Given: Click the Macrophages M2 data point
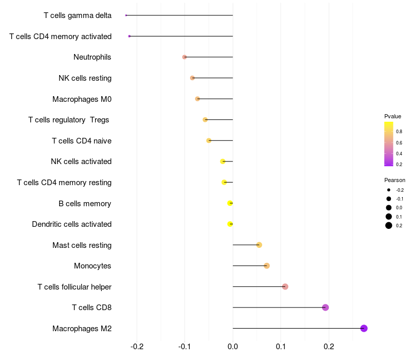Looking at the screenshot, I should pyautogui.click(x=364, y=329).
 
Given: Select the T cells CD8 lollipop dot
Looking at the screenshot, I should pyautogui.click(x=325, y=308).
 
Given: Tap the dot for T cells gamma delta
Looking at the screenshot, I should pyautogui.click(x=126, y=15).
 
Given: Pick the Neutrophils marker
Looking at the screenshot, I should pyautogui.click(x=184, y=57).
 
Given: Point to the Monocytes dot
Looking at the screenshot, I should pyautogui.click(x=267, y=266).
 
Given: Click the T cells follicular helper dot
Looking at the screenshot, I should pyautogui.click(x=285, y=286).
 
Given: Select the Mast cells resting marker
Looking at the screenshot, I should pyautogui.click(x=259, y=245).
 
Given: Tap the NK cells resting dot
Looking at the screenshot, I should pyautogui.click(x=192, y=78).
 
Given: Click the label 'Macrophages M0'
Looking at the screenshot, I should pyautogui.click(x=82, y=99).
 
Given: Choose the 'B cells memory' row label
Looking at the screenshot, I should pyautogui.click(x=85, y=203).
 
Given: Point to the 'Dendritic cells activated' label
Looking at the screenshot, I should pyautogui.click(x=71, y=224).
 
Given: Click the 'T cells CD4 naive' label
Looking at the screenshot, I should pyautogui.click(x=82, y=140).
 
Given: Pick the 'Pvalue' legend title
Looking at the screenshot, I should pyautogui.click(x=393, y=116).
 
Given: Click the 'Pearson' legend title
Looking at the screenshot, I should pyautogui.click(x=395, y=180).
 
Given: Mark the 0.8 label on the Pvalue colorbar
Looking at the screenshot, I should pyautogui.click(x=399, y=132).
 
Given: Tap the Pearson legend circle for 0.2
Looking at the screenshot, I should pyautogui.click(x=389, y=225).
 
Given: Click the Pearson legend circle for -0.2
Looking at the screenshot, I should pyautogui.click(x=389, y=190).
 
